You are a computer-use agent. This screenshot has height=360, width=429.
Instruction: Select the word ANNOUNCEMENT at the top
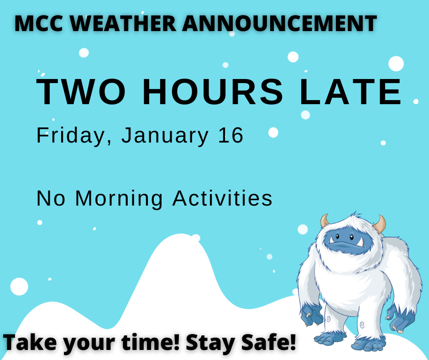point(280,23)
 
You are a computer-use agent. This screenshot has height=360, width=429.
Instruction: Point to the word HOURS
point(213,92)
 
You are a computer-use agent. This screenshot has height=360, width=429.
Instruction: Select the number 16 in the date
point(231,136)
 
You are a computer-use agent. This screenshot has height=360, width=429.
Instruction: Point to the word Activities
point(222,199)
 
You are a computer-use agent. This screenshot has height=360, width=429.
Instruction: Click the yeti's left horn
point(325,221)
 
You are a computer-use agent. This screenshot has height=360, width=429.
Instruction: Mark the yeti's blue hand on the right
point(402,318)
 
